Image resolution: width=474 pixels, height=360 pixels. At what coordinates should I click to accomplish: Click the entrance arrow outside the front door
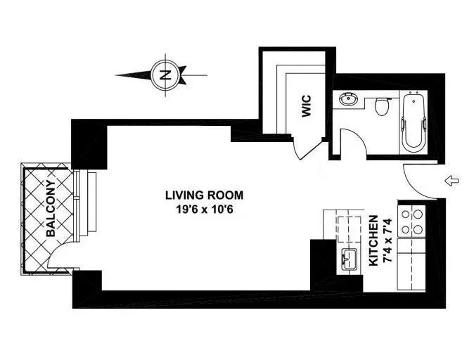(x=454, y=182)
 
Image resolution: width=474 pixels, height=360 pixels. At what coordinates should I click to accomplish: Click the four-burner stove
(x=412, y=220)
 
